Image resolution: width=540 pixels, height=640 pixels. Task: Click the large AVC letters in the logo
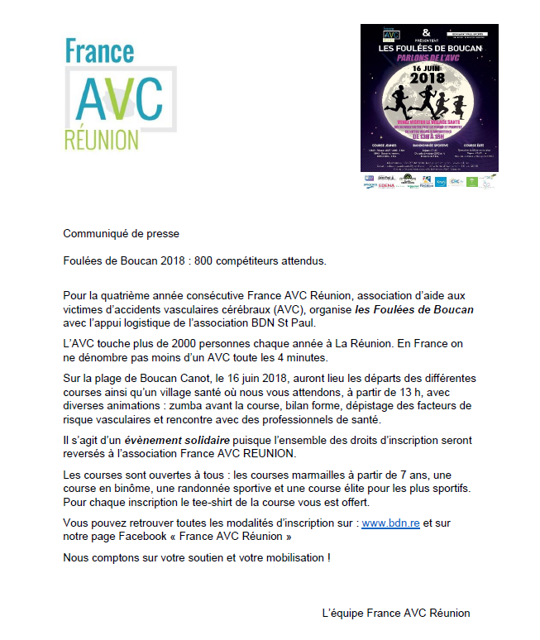coord(119,99)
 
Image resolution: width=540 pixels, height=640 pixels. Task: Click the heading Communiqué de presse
coord(121,233)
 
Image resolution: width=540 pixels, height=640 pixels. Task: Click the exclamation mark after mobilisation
coord(327,557)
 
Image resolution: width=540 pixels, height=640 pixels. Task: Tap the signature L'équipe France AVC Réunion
coord(395,613)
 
